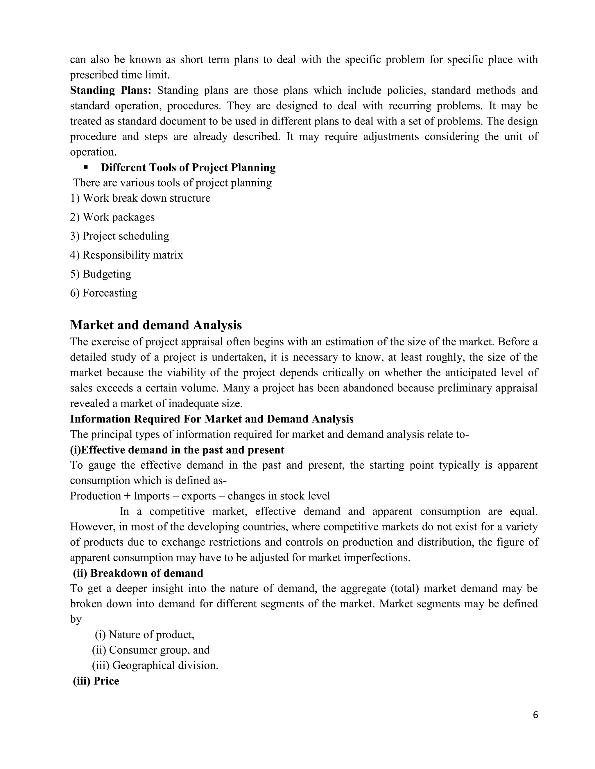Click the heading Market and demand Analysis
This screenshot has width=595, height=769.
pos(156,325)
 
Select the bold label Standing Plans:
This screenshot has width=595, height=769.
pos(110,91)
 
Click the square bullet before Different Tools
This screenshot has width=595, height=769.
pos(86,168)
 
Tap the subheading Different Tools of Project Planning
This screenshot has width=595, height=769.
pos(188,168)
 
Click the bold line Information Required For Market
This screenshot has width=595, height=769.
pos(212,419)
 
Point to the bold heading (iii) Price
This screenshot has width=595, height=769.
pos(96,681)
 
